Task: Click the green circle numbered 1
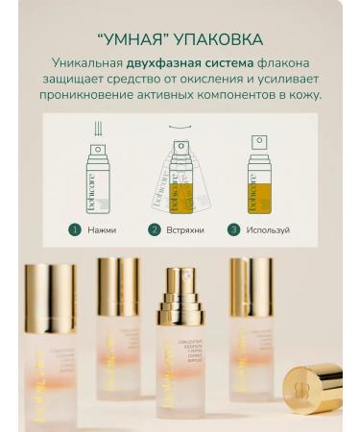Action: [74, 230]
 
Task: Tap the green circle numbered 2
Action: [154, 230]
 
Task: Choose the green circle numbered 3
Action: [233, 230]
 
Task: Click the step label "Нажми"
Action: [101, 230]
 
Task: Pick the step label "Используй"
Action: [267, 230]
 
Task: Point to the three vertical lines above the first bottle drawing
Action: [97, 129]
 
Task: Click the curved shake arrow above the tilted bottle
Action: [177, 125]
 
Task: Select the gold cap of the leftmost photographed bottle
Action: [50, 299]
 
